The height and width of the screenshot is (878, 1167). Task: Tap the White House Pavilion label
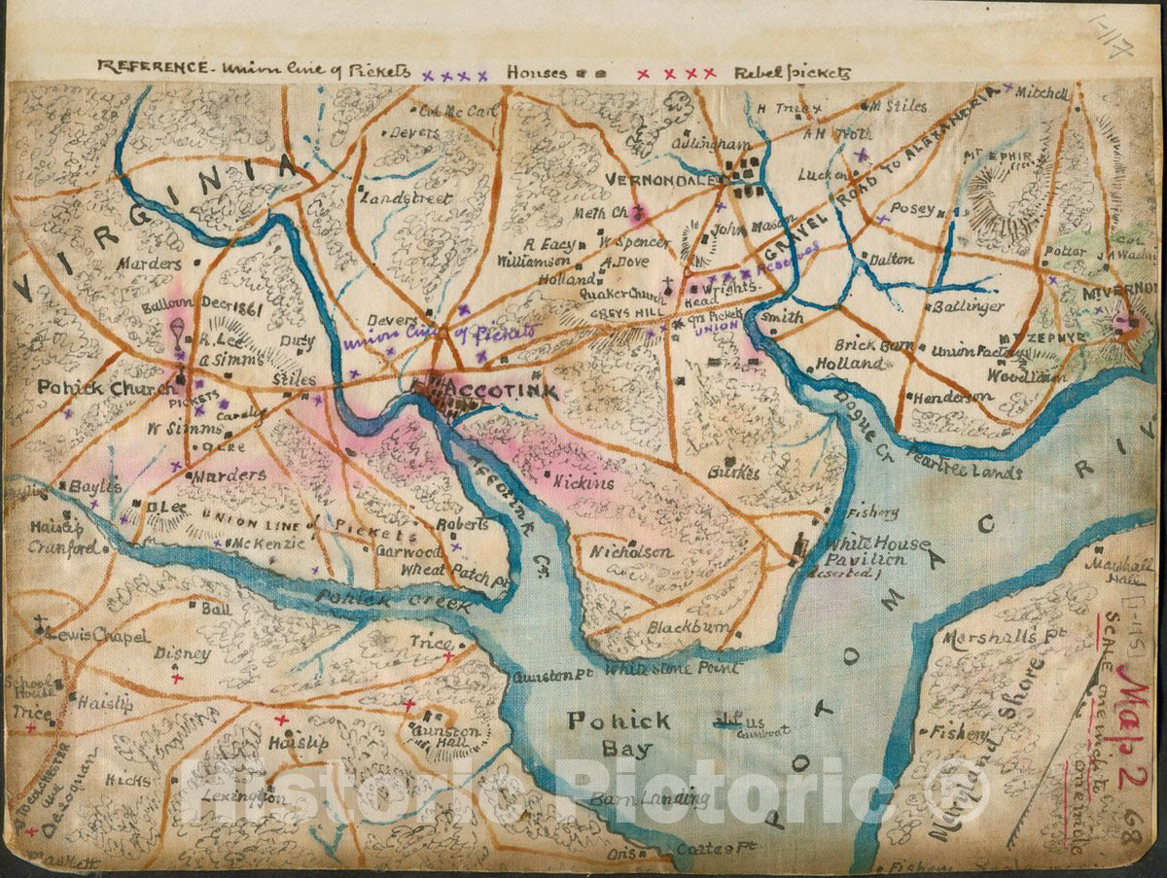[866, 551]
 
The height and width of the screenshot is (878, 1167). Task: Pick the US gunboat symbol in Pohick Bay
[726, 720]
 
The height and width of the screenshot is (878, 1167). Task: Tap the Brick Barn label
[870, 346]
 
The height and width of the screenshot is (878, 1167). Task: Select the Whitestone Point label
[672, 669]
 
